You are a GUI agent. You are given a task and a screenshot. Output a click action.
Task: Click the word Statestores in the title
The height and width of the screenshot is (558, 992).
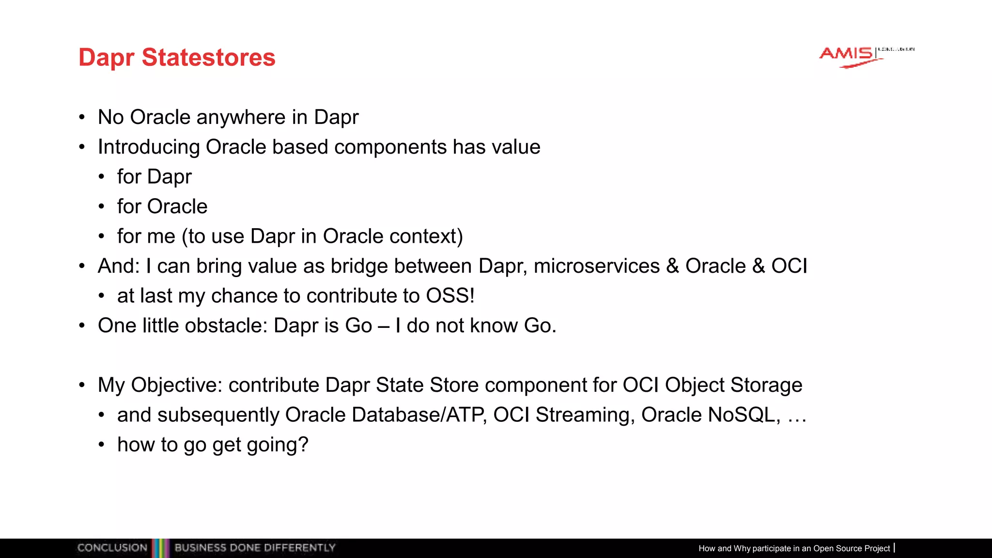tap(208, 58)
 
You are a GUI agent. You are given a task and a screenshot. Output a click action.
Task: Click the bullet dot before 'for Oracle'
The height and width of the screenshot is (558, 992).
tap(101, 207)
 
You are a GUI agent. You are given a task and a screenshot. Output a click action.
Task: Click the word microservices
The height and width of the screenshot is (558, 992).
tap(597, 266)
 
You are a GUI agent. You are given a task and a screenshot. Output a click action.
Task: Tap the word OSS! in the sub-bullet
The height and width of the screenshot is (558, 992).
tap(450, 296)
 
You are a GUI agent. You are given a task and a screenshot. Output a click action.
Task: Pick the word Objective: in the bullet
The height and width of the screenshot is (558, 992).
tap(176, 386)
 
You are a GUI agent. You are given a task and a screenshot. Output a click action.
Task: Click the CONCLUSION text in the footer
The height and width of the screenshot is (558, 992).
tap(112, 548)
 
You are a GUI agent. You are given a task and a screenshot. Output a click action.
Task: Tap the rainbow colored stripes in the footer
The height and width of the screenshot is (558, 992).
tap(160, 548)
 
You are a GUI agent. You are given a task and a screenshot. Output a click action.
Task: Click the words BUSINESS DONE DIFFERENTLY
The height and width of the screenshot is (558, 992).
tap(255, 548)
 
